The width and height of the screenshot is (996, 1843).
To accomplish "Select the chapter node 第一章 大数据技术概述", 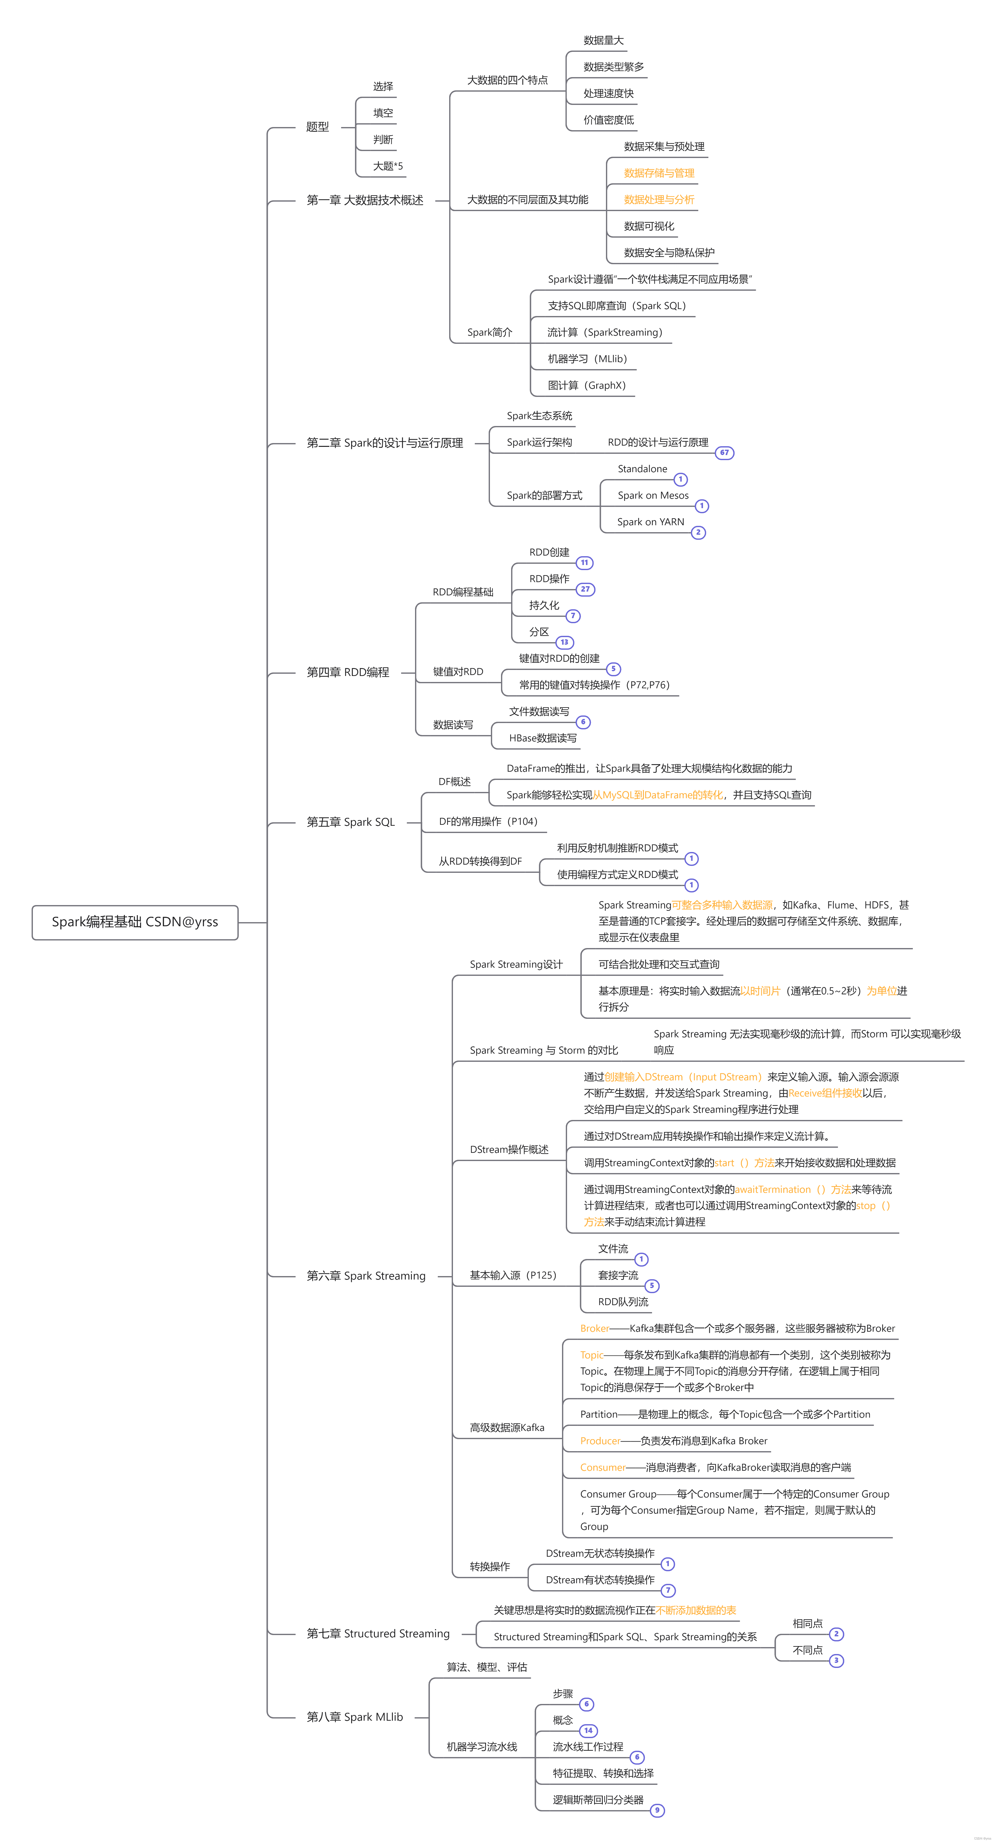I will tap(365, 200).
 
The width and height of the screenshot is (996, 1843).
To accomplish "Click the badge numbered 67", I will tap(724, 453).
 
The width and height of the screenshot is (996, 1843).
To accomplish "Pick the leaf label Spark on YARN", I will tap(651, 522).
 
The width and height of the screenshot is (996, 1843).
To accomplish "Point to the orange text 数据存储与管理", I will tap(659, 173).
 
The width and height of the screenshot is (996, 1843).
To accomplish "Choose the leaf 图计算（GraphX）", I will tap(587, 386).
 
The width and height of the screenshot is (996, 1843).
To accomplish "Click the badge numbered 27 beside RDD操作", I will tap(585, 590).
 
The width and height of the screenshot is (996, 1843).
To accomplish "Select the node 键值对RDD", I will tap(458, 672).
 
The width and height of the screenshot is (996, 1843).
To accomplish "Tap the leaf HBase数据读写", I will tap(542, 738).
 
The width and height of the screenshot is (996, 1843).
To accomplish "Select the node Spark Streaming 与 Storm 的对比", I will tap(544, 1050).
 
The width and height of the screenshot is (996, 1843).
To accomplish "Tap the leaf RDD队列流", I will tap(623, 1302).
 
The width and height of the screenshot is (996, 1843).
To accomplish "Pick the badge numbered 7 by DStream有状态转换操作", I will tap(668, 1591).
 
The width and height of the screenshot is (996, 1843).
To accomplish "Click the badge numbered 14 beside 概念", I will tap(588, 1731).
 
